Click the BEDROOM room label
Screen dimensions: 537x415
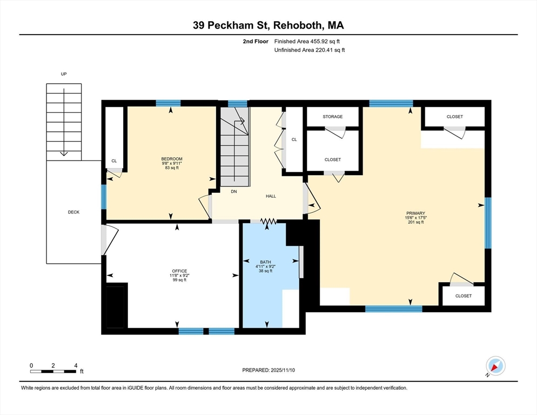pos(172,159)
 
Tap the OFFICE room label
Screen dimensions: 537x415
pos(179,271)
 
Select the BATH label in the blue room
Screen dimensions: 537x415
pos(265,262)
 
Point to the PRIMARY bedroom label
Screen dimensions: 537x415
pos(415,213)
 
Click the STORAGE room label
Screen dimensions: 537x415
pos(333,117)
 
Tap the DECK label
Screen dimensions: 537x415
pos(73,212)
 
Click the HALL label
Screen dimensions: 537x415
pos(271,196)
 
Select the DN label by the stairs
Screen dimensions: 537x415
pos(234,191)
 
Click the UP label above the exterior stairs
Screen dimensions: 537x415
pos(64,73)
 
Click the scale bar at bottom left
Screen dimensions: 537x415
pos(53,371)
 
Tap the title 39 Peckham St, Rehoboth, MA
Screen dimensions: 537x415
pos(268,25)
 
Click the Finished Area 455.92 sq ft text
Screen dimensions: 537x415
pos(307,42)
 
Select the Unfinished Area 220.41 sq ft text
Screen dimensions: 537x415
pos(310,50)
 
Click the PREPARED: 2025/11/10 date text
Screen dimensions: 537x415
pos(268,370)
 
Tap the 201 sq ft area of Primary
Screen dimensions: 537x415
pos(415,222)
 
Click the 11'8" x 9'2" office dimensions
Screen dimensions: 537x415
pos(179,275)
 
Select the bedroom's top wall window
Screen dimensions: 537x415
pos(168,103)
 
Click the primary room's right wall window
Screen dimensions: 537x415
pos(488,223)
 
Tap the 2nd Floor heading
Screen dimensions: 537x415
pos(256,42)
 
